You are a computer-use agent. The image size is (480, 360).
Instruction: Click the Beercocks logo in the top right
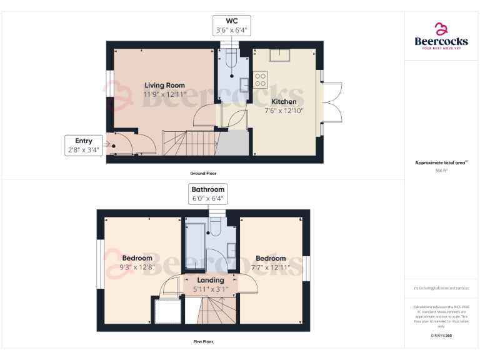(x=441, y=36)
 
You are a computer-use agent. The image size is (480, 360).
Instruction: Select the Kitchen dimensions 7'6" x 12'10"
(x=284, y=111)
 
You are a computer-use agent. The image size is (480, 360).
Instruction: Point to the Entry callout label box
(x=84, y=145)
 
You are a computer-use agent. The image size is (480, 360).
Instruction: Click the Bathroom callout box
(x=207, y=194)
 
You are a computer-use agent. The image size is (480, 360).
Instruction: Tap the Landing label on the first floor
(x=211, y=281)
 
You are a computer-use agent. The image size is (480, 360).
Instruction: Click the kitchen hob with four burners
(x=261, y=80)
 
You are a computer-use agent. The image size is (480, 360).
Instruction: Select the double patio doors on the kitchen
(x=332, y=101)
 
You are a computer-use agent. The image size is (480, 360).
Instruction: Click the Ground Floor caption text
(x=203, y=173)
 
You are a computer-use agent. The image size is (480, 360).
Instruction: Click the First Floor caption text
(x=203, y=342)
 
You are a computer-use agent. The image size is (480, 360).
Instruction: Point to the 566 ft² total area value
(x=442, y=170)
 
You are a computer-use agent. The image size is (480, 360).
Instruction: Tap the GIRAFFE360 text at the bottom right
(x=441, y=336)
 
